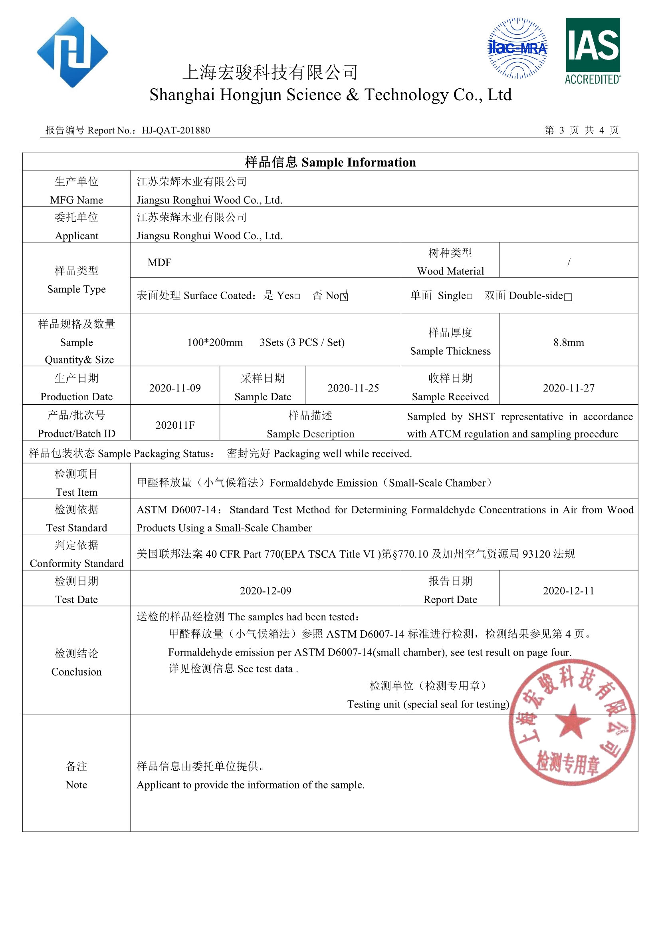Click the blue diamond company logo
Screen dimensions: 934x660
point(72,52)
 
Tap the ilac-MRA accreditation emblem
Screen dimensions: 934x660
point(517,48)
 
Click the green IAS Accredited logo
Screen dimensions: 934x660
point(593,51)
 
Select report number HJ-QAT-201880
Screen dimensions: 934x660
point(176,131)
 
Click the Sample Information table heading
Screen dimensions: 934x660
point(330,162)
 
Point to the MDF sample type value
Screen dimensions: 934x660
point(159,262)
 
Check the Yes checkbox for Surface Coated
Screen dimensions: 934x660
point(297,296)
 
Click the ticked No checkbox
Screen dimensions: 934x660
point(344,296)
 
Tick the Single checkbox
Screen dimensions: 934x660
point(470,296)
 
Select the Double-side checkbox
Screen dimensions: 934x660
point(568,297)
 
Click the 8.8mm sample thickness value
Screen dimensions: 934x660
point(568,342)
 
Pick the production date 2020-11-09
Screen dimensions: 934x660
point(175,388)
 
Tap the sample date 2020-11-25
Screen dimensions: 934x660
point(353,388)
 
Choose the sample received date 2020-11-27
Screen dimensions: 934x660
point(569,388)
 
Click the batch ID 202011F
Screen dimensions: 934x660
point(175,425)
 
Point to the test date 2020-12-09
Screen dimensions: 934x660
point(266,591)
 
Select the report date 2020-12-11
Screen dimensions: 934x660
point(569,591)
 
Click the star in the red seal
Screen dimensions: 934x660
point(573,721)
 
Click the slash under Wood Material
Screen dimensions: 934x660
point(569,262)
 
